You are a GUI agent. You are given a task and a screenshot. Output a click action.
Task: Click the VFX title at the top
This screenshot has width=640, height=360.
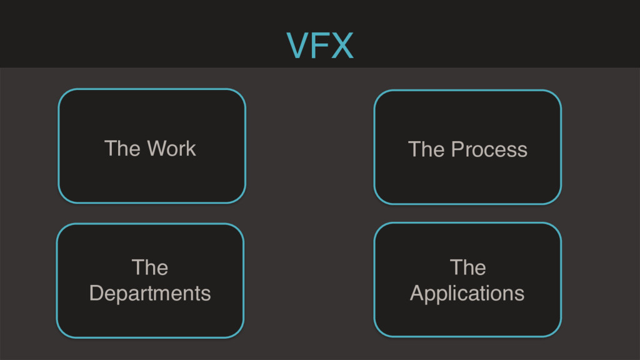[x=320, y=46]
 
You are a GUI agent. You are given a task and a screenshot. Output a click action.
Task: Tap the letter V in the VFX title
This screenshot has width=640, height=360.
[x=297, y=46]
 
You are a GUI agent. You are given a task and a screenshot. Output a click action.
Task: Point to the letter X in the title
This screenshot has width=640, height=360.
[x=342, y=46]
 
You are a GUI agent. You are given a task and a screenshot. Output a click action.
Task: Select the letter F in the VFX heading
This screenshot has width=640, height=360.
[x=320, y=46]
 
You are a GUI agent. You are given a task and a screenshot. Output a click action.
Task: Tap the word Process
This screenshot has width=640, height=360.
[x=489, y=150]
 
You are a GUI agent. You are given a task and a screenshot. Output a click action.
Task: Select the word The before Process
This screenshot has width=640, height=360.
[x=426, y=150]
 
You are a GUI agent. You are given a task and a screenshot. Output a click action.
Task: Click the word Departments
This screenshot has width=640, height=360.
[x=150, y=293]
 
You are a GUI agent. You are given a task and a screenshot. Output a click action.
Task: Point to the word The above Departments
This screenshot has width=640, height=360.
[x=150, y=267]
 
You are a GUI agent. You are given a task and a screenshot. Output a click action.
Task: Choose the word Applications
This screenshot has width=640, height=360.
[x=467, y=293]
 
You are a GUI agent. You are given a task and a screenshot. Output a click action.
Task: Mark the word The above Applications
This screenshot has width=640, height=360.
[x=467, y=267]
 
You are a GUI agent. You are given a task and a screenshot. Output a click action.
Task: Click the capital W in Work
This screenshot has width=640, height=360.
[x=156, y=149]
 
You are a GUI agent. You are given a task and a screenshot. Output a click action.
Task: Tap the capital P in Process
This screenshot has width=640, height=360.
[x=457, y=150]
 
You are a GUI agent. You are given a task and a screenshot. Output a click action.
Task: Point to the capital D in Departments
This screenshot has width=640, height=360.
[x=96, y=293]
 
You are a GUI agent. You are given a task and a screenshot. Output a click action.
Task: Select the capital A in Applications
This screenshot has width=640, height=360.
[x=416, y=293]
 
